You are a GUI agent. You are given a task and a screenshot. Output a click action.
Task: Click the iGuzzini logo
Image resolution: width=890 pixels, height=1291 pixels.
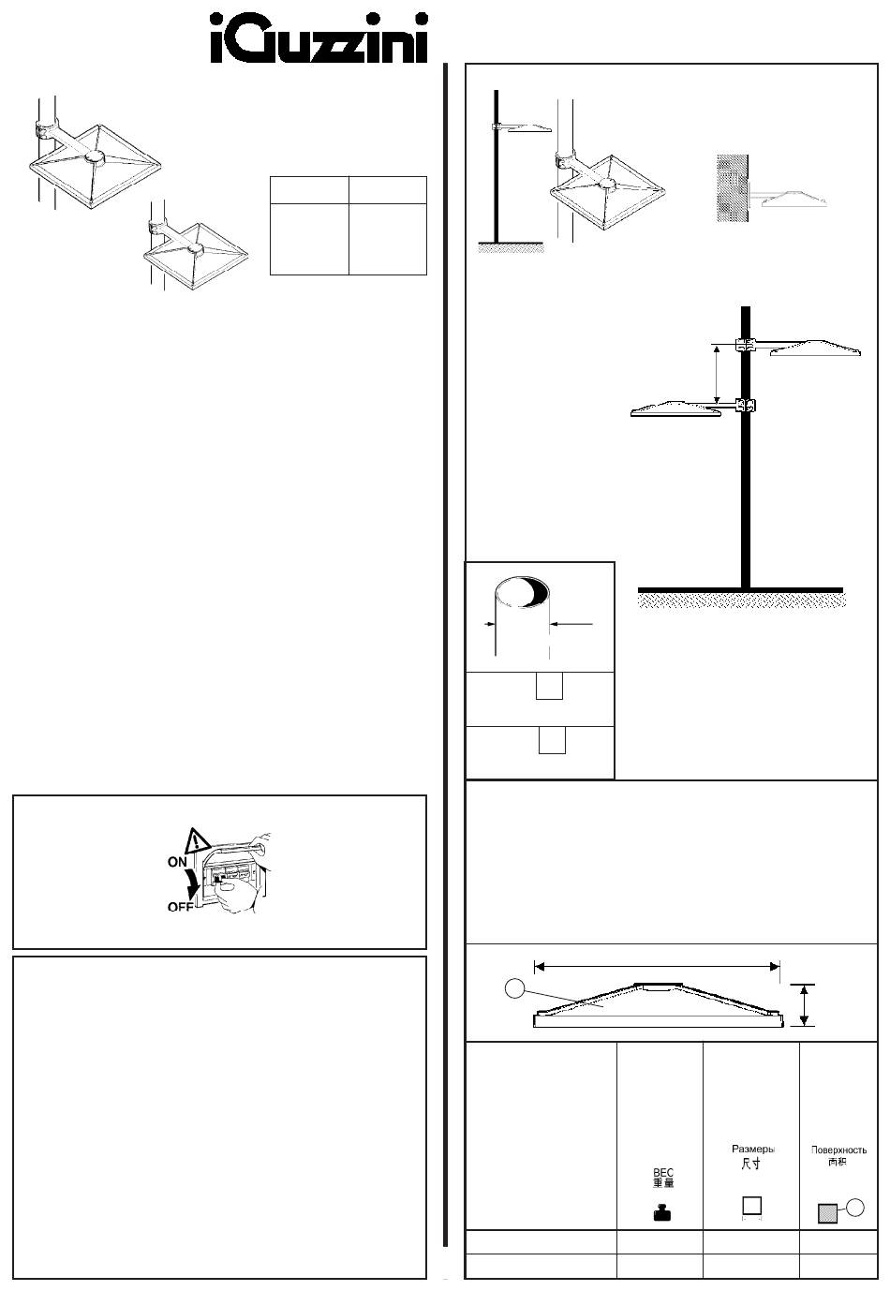tap(319, 38)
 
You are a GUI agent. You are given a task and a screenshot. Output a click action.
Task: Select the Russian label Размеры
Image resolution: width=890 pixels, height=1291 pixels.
tap(752, 1148)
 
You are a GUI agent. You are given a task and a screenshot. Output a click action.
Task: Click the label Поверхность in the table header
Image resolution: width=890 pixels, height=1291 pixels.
tap(838, 1150)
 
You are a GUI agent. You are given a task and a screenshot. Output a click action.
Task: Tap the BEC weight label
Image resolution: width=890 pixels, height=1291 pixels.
tap(663, 1173)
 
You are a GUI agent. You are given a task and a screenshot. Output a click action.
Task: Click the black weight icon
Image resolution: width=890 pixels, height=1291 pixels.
tap(663, 1212)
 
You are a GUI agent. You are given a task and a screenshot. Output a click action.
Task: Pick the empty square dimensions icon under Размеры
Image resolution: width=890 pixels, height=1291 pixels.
tap(751, 1206)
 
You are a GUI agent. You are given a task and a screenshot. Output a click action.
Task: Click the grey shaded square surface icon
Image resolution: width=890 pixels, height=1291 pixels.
tap(826, 1212)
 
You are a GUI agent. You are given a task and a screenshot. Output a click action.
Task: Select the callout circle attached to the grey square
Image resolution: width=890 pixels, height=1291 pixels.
tap(853, 1208)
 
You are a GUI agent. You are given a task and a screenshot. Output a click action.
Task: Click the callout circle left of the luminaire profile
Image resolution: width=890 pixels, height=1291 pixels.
tap(512, 987)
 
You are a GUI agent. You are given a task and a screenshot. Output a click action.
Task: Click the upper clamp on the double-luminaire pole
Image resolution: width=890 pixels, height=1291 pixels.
tap(745, 345)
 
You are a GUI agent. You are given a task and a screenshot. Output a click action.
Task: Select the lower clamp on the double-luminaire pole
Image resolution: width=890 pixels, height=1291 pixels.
tap(746, 406)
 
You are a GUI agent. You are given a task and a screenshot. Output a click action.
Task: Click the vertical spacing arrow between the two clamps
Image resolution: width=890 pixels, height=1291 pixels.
tap(717, 375)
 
